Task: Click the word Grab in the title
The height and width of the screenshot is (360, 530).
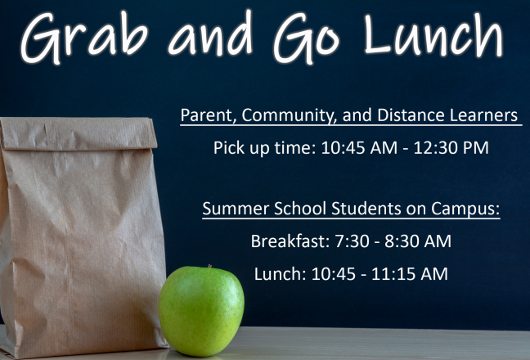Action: (84, 37)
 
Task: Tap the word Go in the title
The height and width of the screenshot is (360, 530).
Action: (306, 37)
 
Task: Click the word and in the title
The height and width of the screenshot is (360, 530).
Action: (210, 34)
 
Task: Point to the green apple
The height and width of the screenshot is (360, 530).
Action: (201, 311)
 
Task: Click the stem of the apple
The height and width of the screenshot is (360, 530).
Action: (209, 267)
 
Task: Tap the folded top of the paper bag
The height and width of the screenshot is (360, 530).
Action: (79, 133)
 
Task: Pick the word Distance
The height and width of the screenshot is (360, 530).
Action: (411, 115)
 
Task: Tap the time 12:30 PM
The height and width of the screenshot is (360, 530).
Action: (451, 148)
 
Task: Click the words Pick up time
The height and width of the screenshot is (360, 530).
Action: (265, 148)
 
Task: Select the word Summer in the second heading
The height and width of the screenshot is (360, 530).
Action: (236, 208)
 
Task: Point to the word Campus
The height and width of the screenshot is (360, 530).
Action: (465, 209)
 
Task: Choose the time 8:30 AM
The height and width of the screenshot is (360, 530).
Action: (418, 241)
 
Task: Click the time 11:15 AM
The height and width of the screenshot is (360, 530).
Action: (410, 274)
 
